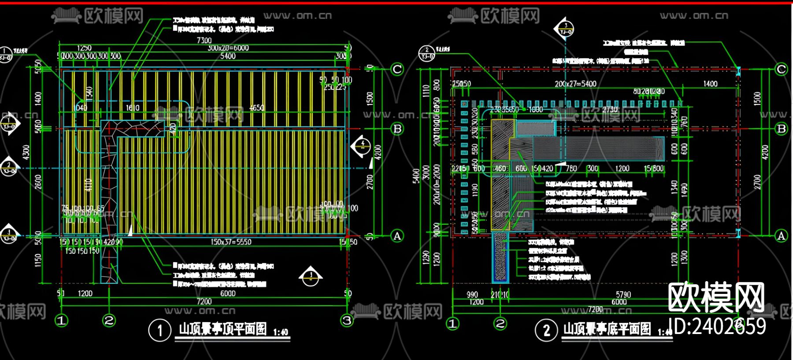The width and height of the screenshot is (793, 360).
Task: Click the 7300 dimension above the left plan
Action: [204, 41]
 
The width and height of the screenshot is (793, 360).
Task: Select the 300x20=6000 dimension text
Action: [228, 48]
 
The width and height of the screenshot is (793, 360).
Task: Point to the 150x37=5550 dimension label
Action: [231, 242]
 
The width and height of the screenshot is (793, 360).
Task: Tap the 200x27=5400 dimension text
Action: [575, 84]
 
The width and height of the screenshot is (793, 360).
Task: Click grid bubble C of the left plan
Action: [397, 69]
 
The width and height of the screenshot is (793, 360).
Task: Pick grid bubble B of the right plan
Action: [782, 129]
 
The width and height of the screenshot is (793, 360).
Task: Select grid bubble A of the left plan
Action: [397, 236]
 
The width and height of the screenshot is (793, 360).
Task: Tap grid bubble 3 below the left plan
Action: [347, 320]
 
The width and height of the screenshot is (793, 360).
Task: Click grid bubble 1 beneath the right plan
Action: [452, 324]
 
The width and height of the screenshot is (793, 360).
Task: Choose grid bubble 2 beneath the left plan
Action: [109, 320]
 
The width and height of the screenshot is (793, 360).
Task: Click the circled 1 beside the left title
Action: [159, 330]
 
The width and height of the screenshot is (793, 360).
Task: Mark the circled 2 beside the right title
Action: [546, 330]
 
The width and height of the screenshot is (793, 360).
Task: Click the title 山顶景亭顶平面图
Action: [223, 329]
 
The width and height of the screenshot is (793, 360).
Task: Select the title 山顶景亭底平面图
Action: [607, 329]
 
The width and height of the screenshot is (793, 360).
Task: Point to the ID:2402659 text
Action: [717, 327]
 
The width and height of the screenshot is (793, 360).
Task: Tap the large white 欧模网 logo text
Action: [716, 298]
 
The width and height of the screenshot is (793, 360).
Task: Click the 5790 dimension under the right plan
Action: [623, 294]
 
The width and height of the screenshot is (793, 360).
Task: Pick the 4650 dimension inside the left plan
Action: [256, 108]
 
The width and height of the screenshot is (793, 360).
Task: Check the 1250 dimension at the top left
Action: [84, 48]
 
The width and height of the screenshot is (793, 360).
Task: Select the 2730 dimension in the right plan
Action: [610, 109]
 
